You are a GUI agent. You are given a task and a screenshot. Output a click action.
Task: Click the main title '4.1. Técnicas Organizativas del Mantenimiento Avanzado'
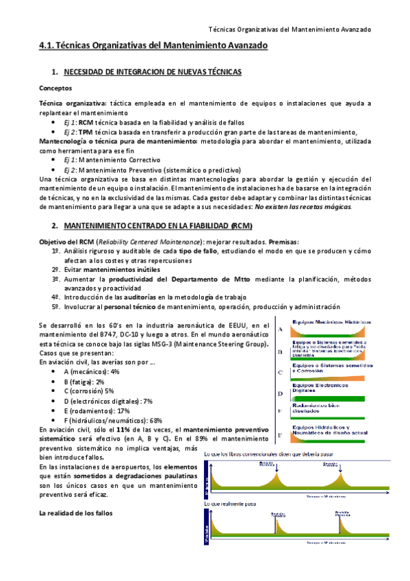point(153,46)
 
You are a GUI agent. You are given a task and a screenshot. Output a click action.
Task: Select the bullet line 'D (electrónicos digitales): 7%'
point(108,401)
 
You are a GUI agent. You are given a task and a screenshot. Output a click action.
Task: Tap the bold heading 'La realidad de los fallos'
point(76,513)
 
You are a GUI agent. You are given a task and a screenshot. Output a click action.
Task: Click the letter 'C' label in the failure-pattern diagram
point(281,372)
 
